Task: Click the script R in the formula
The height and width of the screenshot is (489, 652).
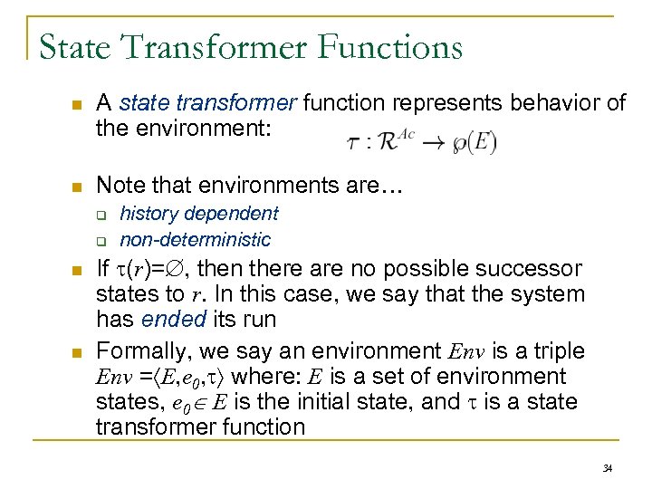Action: click(x=388, y=142)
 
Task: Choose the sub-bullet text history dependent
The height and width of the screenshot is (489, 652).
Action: click(x=199, y=214)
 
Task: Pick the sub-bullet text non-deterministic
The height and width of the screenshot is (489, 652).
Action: click(x=195, y=239)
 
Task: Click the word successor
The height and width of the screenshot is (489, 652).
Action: click(x=524, y=269)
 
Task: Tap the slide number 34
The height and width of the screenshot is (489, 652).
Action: click(x=606, y=467)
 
